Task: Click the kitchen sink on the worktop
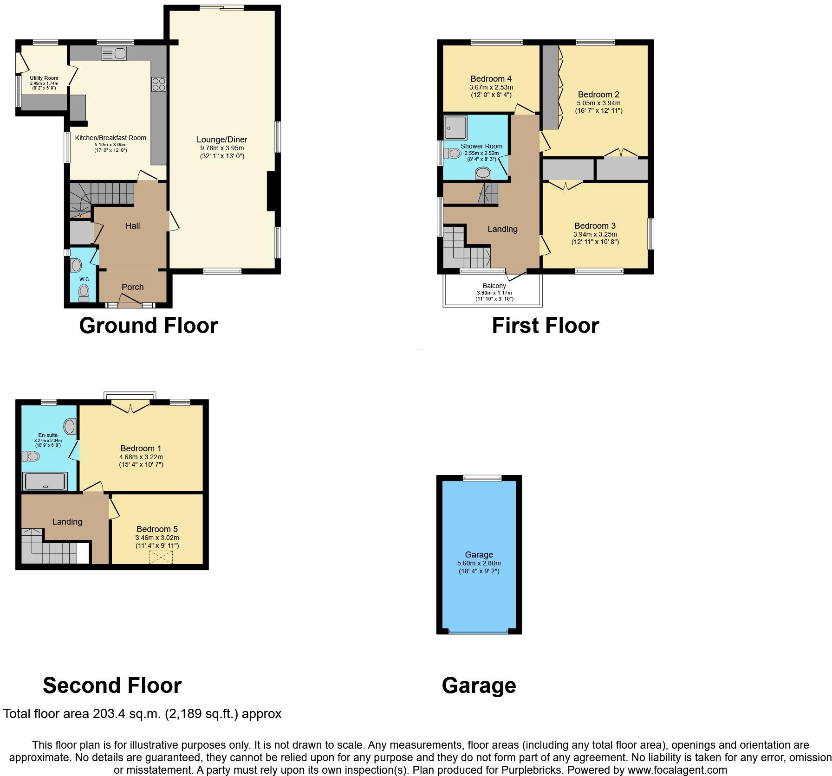pyautogui.click(x=113, y=54)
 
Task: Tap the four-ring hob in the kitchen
pyautogui.click(x=158, y=84)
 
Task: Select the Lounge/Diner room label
pyautogui.click(x=222, y=140)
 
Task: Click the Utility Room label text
pyautogui.click(x=44, y=78)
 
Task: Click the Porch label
pyautogui.click(x=133, y=287)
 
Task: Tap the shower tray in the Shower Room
pyautogui.click(x=455, y=128)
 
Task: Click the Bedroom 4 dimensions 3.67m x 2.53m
pyautogui.click(x=491, y=87)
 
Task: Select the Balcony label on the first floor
pyautogui.click(x=494, y=286)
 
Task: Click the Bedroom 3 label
pyautogui.click(x=595, y=226)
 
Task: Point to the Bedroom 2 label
pyautogui.click(x=598, y=95)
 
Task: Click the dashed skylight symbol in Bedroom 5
pyautogui.click(x=161, y=557)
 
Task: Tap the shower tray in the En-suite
pyautogui.click(x=45, y=481)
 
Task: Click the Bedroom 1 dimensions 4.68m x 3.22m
pyautogui.click(x=141, y=457)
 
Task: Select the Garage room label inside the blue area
pyautogui.click(x=479, y=555)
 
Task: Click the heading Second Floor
pyautogui.click(x=112, y=686)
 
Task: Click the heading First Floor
pyautogui.click(x=545, y=326)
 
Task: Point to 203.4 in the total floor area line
pyautogui.click(x=109, y=714)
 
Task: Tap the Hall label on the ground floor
pyautogui.click(x=133, y=226)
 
